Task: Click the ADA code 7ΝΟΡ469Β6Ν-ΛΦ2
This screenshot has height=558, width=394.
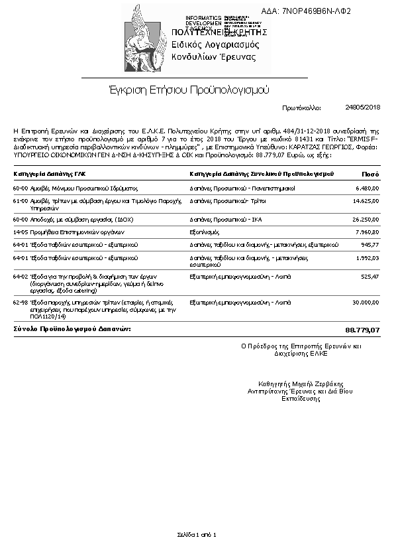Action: pos(315,11)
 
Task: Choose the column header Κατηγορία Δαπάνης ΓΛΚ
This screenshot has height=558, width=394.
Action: pos(50,174)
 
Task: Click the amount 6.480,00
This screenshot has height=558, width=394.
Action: pos(366,188)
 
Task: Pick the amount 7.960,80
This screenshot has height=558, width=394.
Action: pos(366,232)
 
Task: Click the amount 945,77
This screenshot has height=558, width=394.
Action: pos(369,245)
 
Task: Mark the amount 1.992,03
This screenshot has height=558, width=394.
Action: pos(366,258)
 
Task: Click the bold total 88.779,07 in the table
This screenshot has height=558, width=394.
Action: pos(363,330)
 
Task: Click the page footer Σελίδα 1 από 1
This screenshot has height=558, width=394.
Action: pos(197,534)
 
